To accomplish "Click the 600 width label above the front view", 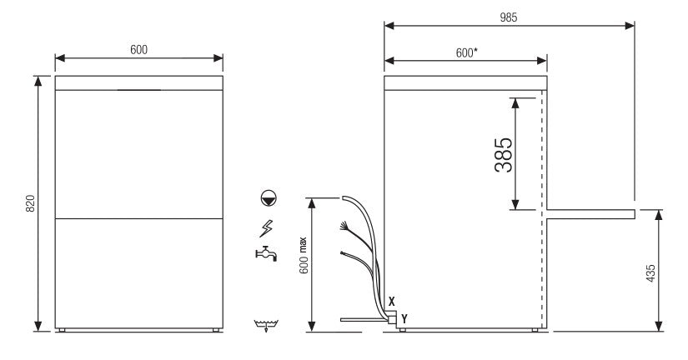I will click(x=138, y=50).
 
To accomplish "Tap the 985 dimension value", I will click(x=508, y=17).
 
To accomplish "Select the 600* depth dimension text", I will click(x=466, y=52).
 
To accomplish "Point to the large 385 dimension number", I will click(x=503, y=154).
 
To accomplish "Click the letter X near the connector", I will click(x=391, y=299).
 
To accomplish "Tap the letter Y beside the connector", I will click(x=404, y=317).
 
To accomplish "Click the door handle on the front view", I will click(x=138, y=90).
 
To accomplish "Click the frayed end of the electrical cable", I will click(x=343, y=225).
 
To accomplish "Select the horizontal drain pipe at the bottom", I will click(x=362, y=319).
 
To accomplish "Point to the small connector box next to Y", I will click(x=392, y=317).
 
